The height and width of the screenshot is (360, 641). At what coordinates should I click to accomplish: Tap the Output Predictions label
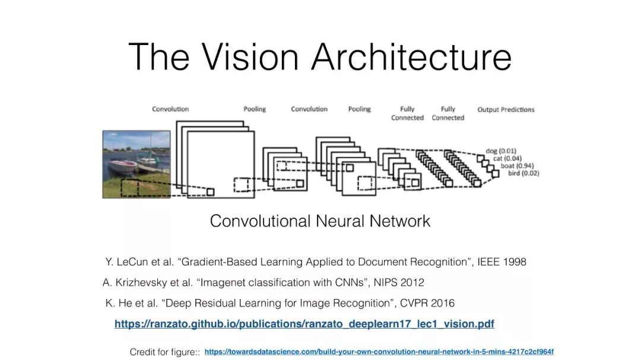tap(506, 110)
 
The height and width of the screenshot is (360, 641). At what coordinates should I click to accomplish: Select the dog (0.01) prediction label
tap(500, 151)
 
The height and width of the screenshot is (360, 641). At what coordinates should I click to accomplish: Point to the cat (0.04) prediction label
tap(507, 158)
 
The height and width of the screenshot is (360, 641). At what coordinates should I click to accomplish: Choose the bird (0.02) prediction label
tap(523, 173)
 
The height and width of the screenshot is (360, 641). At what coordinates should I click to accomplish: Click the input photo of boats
tap(137, 164)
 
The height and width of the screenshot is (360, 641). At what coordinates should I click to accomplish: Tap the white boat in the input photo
tap(123, 165)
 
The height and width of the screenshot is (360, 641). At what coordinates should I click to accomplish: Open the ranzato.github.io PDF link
tap(304, 324)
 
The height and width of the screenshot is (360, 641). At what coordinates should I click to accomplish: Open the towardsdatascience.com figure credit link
tap(379, 352)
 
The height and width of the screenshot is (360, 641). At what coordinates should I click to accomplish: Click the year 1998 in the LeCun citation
tap(513, 262)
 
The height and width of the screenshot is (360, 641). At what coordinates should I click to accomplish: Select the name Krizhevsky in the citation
tap(142, 282)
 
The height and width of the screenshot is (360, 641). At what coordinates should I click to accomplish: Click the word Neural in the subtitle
tap(337, 221)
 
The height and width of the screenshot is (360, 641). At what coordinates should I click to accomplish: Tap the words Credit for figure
tap(164, 352)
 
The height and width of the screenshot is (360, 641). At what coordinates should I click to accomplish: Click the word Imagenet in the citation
tap(222, 282)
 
